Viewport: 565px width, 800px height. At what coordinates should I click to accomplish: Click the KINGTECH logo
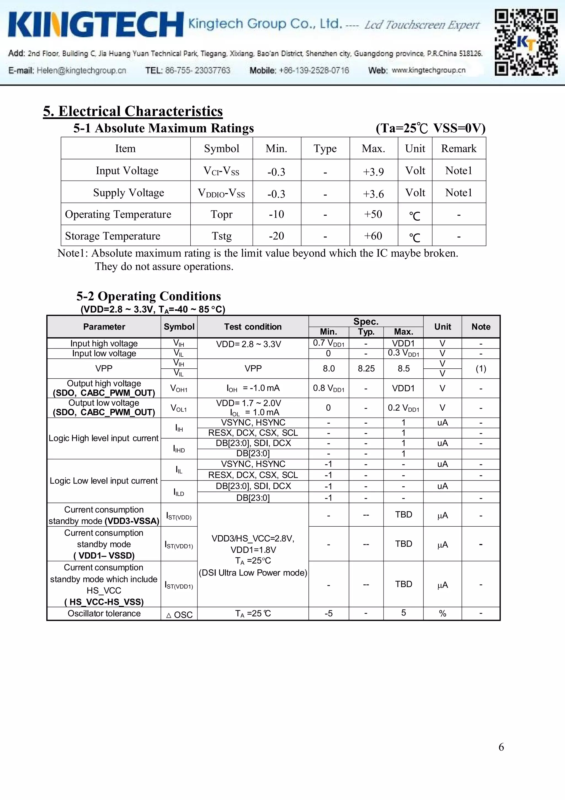(96, 24)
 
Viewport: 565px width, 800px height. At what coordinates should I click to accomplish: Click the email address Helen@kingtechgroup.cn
(81, 70)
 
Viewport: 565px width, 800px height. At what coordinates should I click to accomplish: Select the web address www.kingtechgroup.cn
(428, 70)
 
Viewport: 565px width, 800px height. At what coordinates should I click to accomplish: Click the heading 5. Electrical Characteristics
(133, 111)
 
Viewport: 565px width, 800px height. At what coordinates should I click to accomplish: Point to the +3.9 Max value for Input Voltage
(373, 171)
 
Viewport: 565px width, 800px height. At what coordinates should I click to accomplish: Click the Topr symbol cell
(222, 214)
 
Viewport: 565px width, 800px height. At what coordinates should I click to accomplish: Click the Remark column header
(459, 149)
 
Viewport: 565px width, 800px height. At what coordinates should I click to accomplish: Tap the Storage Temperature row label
(113, 236)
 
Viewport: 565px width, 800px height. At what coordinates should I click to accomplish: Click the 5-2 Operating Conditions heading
(148, 296)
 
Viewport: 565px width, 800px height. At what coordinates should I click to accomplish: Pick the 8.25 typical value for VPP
(366, 369)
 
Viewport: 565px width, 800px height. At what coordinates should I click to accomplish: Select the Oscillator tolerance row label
(104, 614)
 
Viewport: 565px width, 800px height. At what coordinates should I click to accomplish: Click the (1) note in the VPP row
(481, 369)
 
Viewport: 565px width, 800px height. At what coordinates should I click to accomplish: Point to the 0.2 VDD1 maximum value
(403, 408)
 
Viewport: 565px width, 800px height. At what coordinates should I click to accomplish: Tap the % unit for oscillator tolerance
(443, 614)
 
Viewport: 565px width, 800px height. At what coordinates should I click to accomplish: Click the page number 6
(501, 747)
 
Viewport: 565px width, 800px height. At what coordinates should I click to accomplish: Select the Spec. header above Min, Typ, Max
(366, 321)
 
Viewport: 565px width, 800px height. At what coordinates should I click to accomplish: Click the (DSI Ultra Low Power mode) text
(253, 572)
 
